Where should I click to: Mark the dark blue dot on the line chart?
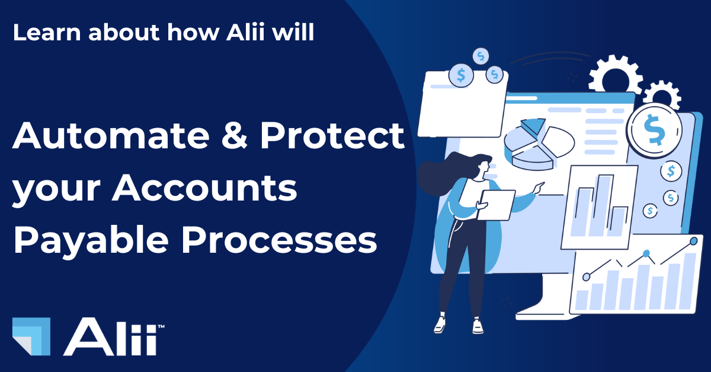click(646, 254)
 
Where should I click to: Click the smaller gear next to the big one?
click(662, 97)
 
